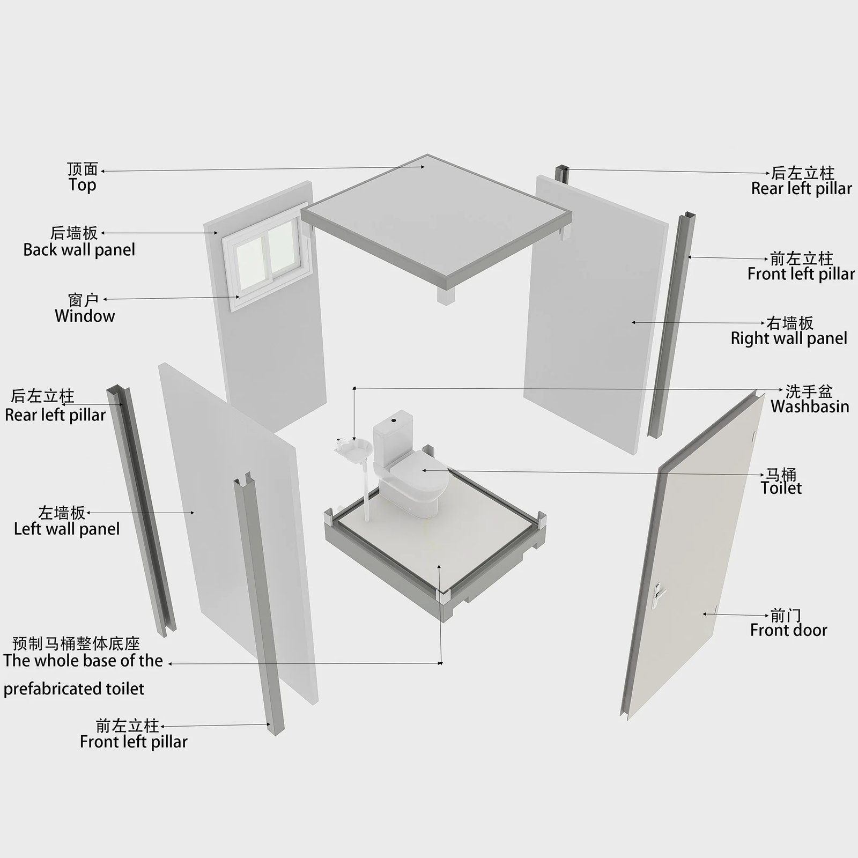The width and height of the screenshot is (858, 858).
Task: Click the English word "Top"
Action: click(x=82, y=185)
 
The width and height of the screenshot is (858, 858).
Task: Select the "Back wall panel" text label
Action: click(x=79, y=249)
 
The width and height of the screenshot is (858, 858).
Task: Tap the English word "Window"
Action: click(x=85, y=315)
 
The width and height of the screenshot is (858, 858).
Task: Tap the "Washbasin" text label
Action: click(x=810, y=406)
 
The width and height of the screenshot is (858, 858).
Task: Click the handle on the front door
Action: click(x=657, y=593)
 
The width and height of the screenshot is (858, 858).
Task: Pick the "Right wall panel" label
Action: click(x=789, y=338)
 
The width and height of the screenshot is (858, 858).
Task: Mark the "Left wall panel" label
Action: click(x=66, y=529)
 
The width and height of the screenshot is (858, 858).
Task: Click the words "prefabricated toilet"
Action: click(x=74, y=689)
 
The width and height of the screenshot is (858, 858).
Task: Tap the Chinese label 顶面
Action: click(x=83, y=169)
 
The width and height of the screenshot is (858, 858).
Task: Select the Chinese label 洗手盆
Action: click(x=809, y=391)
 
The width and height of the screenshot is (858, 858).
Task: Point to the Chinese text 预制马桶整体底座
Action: click(x=76, y=643)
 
